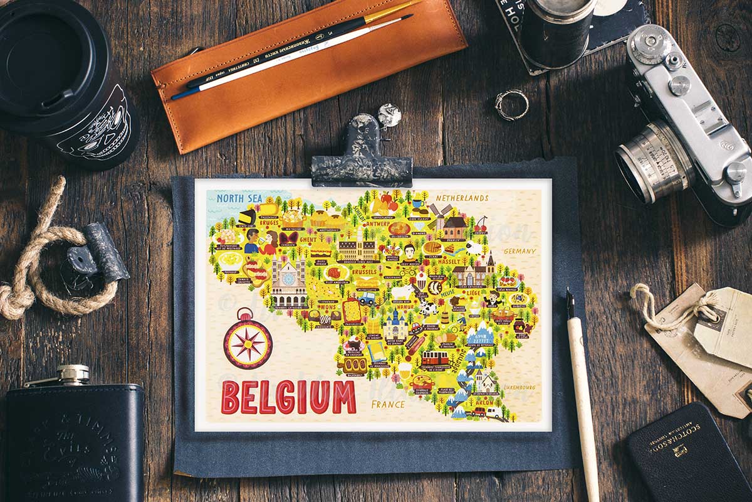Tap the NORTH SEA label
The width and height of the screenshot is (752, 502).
(x=239, y=198)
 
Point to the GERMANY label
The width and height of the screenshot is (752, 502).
(x=520, y=251)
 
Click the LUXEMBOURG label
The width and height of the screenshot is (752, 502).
(x=519, y=387)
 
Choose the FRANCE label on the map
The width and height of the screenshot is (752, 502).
(x=388, y=404)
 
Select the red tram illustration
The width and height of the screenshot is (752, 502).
(x=434, y=359)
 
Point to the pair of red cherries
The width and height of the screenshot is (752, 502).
(x=481, y=223)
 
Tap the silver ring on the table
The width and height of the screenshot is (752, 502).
(x=512, y=105)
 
